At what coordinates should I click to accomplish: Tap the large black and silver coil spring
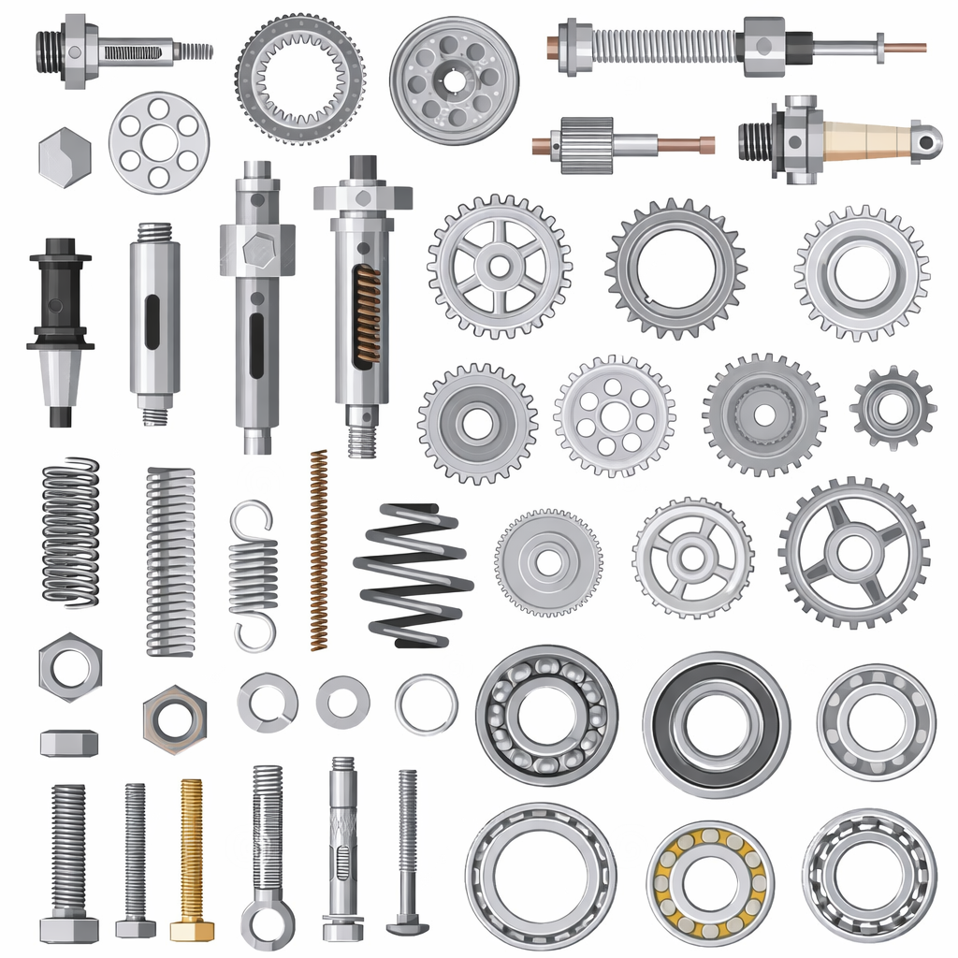point(413,575)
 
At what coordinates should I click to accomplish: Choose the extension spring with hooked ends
point(254,574)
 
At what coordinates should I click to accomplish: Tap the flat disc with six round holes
point(159,142)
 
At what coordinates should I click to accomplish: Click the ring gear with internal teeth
point(299,79)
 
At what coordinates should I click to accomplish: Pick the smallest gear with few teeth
point(893,407)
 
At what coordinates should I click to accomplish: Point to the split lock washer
point(268,702)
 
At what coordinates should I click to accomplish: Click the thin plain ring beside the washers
point(427,704)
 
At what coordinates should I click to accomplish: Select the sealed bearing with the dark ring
point(716,724)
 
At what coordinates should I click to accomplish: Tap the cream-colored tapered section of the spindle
point(865,141)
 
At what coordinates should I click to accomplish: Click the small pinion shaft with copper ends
point(622,145)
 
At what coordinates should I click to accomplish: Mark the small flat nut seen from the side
point(69,743)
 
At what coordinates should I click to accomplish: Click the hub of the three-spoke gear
point(853,552)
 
